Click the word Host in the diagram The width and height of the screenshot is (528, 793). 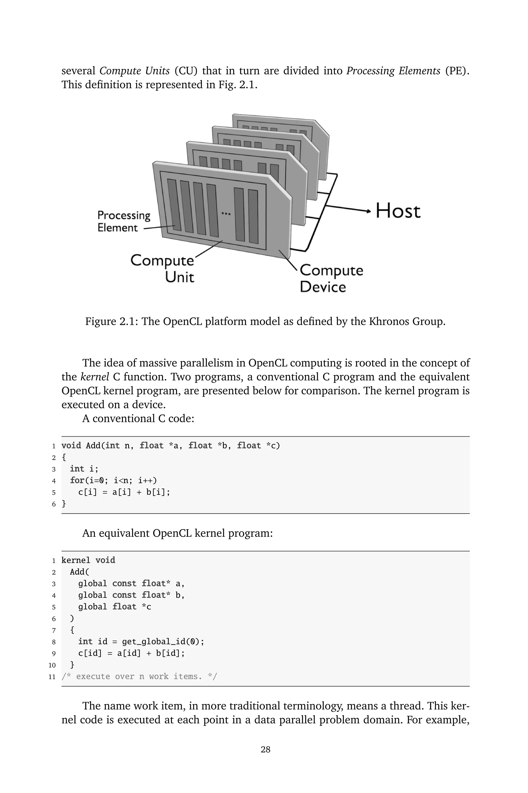[398, 211]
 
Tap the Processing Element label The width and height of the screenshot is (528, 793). [123, 221]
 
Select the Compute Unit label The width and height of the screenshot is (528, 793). [163, 269]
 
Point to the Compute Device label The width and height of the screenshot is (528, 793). [331, 278]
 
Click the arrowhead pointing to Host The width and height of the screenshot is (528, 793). [368, 211]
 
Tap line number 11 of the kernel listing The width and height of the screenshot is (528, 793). [52, 676]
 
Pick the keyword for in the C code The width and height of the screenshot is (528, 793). [77, 480]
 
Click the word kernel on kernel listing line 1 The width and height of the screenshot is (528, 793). [76, 560]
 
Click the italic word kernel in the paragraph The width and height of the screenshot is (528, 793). [95, 377]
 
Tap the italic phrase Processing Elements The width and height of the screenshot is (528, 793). [393, 71]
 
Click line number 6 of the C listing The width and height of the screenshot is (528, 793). [54, 504]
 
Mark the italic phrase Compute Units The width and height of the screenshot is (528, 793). [134, 71]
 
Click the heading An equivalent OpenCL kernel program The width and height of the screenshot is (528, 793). [177, 533]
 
